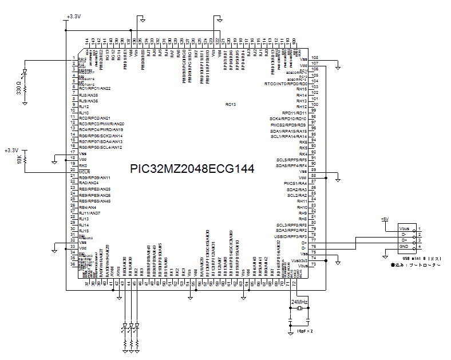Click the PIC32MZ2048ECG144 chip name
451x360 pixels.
click(x=192, y=169)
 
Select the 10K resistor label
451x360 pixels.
click(x=19, y=161)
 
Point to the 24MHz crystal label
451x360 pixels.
click(x=299, y=302)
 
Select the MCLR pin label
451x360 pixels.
click(x=84, y=171)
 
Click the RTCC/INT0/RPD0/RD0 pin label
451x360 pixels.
click(x=286, y=84)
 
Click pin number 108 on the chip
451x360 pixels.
click(x=314, y=57)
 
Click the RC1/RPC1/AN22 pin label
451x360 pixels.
click(x=94, y=89)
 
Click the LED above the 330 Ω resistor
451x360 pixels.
click(x=24, y=74)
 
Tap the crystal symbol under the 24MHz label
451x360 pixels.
click(x=299, y=309)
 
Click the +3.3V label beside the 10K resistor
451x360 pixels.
click(x=11, y=150)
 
